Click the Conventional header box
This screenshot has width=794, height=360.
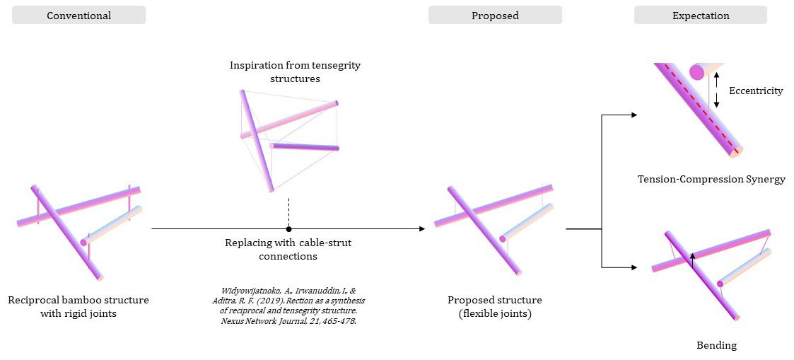[x=78, y=16]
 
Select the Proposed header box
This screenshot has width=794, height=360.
[x=495, y=16]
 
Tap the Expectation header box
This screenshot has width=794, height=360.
[x=700, y=16]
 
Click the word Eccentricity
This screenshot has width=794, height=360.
[x=756, y=91]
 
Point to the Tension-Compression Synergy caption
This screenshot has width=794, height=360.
[x=711, y=179]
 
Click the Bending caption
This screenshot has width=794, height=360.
[x=716, y=345]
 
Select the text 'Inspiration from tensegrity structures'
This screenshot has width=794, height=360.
[x=295, y=71]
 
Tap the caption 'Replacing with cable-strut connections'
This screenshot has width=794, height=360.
[x=288, y=249]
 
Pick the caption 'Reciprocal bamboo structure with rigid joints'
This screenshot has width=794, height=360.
[x=78, y=306]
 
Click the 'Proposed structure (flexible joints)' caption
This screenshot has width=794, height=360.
[x=494, y=306]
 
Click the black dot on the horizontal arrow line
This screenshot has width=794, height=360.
[x=288, y=228]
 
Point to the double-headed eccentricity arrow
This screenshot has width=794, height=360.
[x=716, y=90]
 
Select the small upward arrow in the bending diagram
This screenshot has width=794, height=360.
[x=693, y=260]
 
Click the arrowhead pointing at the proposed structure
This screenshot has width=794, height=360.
[x=421, y=228]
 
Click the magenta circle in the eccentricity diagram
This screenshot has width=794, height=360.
[x=696, y=71]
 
